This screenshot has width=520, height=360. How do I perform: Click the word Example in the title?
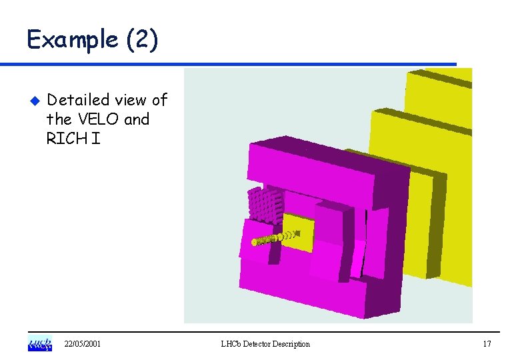(x=72, y=39)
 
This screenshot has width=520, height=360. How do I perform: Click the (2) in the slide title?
(x=142, y=39)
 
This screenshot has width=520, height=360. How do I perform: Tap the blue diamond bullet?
(x=35, y=101)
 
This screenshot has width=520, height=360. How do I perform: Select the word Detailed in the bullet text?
(x=78, y=99)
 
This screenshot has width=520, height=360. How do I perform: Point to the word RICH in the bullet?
(x=67, y=138)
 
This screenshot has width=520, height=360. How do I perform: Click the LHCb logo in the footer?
(x=40, y=343)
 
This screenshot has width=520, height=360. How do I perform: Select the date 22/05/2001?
(x=82, y=344)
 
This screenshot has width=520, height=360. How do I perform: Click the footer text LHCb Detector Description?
(x=265, y=344)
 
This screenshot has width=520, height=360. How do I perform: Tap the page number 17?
(x=487, y=344)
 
